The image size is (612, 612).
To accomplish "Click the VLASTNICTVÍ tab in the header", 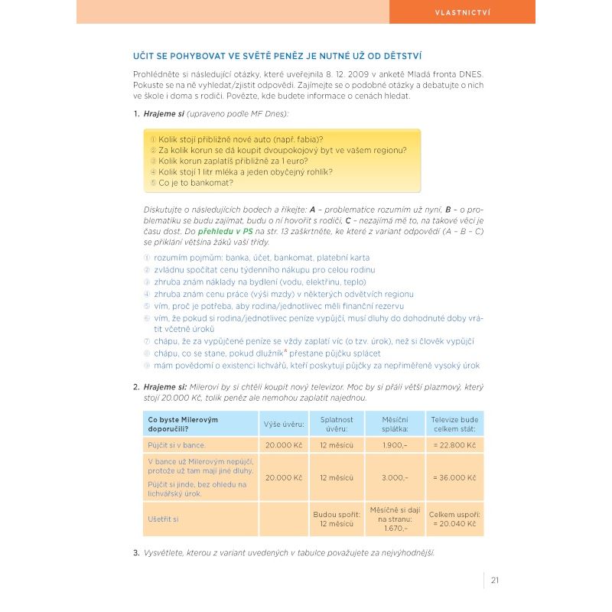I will coord(462,12).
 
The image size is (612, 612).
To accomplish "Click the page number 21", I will coord(495,579).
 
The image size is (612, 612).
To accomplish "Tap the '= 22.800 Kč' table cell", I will coord(454,445).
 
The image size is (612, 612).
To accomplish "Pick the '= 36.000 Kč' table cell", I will coord(454,477).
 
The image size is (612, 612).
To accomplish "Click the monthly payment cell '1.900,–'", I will coord(396,445).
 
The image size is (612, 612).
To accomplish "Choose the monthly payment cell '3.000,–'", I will coord(396,477).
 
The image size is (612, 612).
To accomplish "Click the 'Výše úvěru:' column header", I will coord(284,424).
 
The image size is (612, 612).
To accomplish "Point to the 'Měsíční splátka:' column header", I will coord(396,424).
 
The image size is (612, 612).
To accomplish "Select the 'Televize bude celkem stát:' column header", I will coord(454,424).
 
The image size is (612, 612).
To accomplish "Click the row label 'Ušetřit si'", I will coord(163,519).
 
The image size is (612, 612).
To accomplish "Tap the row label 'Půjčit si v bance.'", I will coord(177,445).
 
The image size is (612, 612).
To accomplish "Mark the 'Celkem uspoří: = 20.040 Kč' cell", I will coord(454,519).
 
